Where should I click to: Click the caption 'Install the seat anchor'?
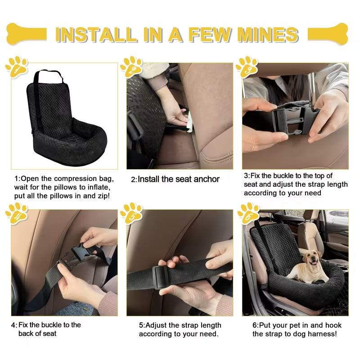pos(178,179)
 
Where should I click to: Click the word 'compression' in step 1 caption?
pos(73,178)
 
